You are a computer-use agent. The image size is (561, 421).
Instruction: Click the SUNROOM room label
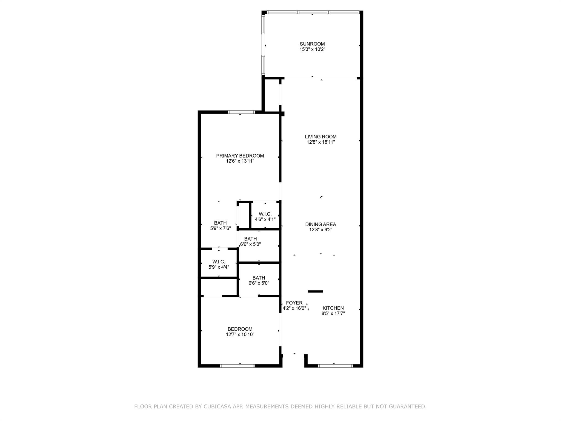point(312,44)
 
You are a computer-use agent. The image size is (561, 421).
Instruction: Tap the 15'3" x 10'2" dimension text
point(312,50)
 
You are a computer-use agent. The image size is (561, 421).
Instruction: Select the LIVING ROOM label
point(320,137)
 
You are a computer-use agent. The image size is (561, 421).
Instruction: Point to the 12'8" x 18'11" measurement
point(320,142)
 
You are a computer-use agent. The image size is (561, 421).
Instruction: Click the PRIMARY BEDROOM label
point(240,156)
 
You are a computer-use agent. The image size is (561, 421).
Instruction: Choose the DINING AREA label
point(320,224)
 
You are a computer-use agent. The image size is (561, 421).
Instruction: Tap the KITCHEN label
point(333,308)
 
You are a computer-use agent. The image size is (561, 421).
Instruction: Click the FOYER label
point(294,303)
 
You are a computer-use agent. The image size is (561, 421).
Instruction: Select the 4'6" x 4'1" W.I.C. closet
point(265,217)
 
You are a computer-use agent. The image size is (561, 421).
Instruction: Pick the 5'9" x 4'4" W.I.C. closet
point(219,264)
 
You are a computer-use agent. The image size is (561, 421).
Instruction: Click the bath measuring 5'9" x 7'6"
point(220,226)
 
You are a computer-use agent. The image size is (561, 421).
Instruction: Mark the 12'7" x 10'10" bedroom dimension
point(240,334)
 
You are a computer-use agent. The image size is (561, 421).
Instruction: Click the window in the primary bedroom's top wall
point(241,112)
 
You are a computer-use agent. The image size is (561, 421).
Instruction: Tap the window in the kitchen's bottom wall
point(335,366)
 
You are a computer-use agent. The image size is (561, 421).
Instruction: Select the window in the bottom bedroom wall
point(237,366)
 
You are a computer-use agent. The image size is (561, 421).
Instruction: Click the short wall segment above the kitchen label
point(315,291)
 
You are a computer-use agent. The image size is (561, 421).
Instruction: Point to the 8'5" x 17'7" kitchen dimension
point(333,314)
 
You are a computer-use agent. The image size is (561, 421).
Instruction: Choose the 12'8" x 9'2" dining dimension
point(320,230)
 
